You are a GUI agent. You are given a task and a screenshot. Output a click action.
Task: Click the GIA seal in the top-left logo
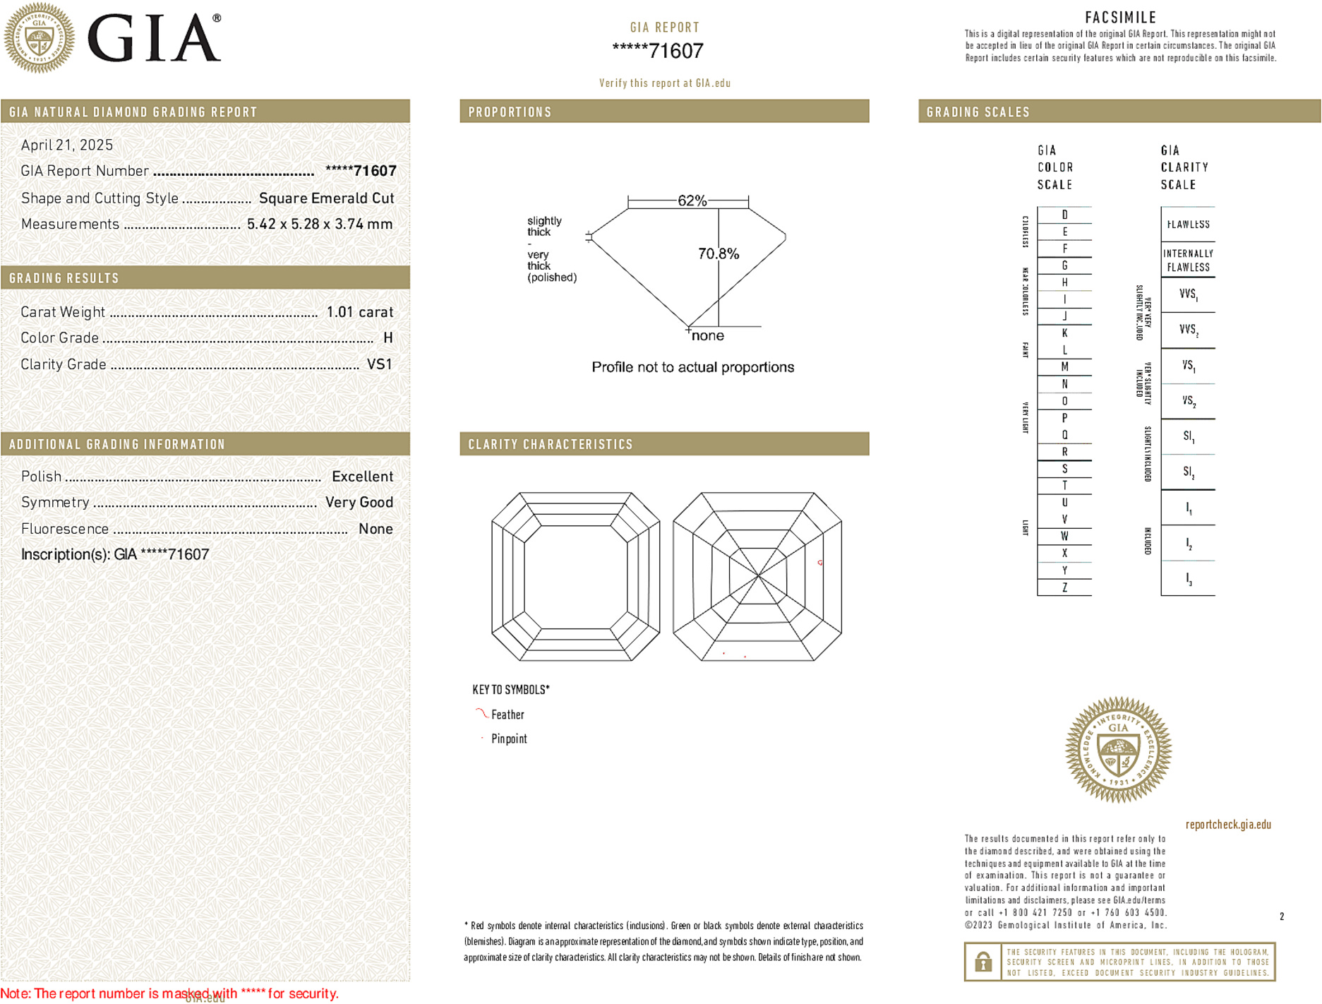(x=39, y=37)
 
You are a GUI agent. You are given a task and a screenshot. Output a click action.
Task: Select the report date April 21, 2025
(x=67, y=145)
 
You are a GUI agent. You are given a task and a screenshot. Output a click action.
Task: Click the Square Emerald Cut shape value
(x=326, y=198)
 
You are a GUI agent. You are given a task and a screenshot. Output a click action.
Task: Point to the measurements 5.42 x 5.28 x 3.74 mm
(x=319, y=225)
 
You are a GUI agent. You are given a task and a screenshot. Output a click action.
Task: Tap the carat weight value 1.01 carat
(x=359, y=312)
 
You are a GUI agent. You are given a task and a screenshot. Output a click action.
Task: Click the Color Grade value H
(x=387, y=338)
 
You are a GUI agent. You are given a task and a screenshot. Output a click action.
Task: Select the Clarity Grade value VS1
(x=379, y=364)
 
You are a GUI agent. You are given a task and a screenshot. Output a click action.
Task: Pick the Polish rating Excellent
(x=362, y=477)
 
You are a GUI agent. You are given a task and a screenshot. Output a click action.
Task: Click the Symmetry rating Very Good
(x=359, y=503)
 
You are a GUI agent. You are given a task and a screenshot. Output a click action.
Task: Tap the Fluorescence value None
(x=375, y=529)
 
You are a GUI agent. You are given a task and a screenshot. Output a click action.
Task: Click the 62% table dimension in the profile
(x=692, y=201)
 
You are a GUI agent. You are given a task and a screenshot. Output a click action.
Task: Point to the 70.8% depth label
(x=718, y=253)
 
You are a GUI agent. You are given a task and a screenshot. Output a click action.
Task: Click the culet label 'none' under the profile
(x=707, y=335)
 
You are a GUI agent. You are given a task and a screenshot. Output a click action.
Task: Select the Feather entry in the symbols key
(x=507, y=715)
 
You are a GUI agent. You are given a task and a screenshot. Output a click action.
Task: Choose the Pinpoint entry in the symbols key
(x=509, y=739)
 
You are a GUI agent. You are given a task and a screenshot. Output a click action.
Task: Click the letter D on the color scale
(x=1064, y=215)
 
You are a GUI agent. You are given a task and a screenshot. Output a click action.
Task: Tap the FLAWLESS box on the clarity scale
(x=1188, y=225)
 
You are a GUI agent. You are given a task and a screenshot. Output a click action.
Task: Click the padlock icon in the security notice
(x=983, y=962)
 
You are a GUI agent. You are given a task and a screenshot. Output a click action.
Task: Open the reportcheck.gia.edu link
(x=1227, y=824)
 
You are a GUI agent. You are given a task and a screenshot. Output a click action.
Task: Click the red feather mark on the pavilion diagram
(x=819, y=563)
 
